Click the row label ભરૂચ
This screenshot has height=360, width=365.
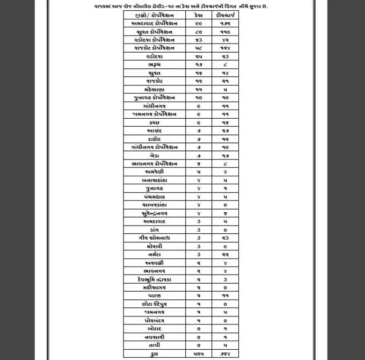tap(155, 64)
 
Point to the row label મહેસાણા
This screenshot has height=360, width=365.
tap(155, 89)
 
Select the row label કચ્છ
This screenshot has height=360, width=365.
tap(155, 122)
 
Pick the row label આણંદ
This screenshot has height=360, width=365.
tap(155, 131)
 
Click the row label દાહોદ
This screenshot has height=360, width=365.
tap(155, 139)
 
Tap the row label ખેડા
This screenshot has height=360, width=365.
tap(155, 155)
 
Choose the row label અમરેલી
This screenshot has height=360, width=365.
tap(155, 172)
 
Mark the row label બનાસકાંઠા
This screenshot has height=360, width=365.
tap(155, 180)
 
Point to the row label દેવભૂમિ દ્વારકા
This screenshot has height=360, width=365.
tap(155, 279)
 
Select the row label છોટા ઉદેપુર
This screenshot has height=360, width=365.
tap(155, 304)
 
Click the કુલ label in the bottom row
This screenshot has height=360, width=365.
tap(155, 354)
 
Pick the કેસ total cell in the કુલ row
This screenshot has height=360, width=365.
tap(199, 354)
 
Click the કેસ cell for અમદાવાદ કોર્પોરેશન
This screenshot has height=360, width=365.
tap(199, 24)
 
